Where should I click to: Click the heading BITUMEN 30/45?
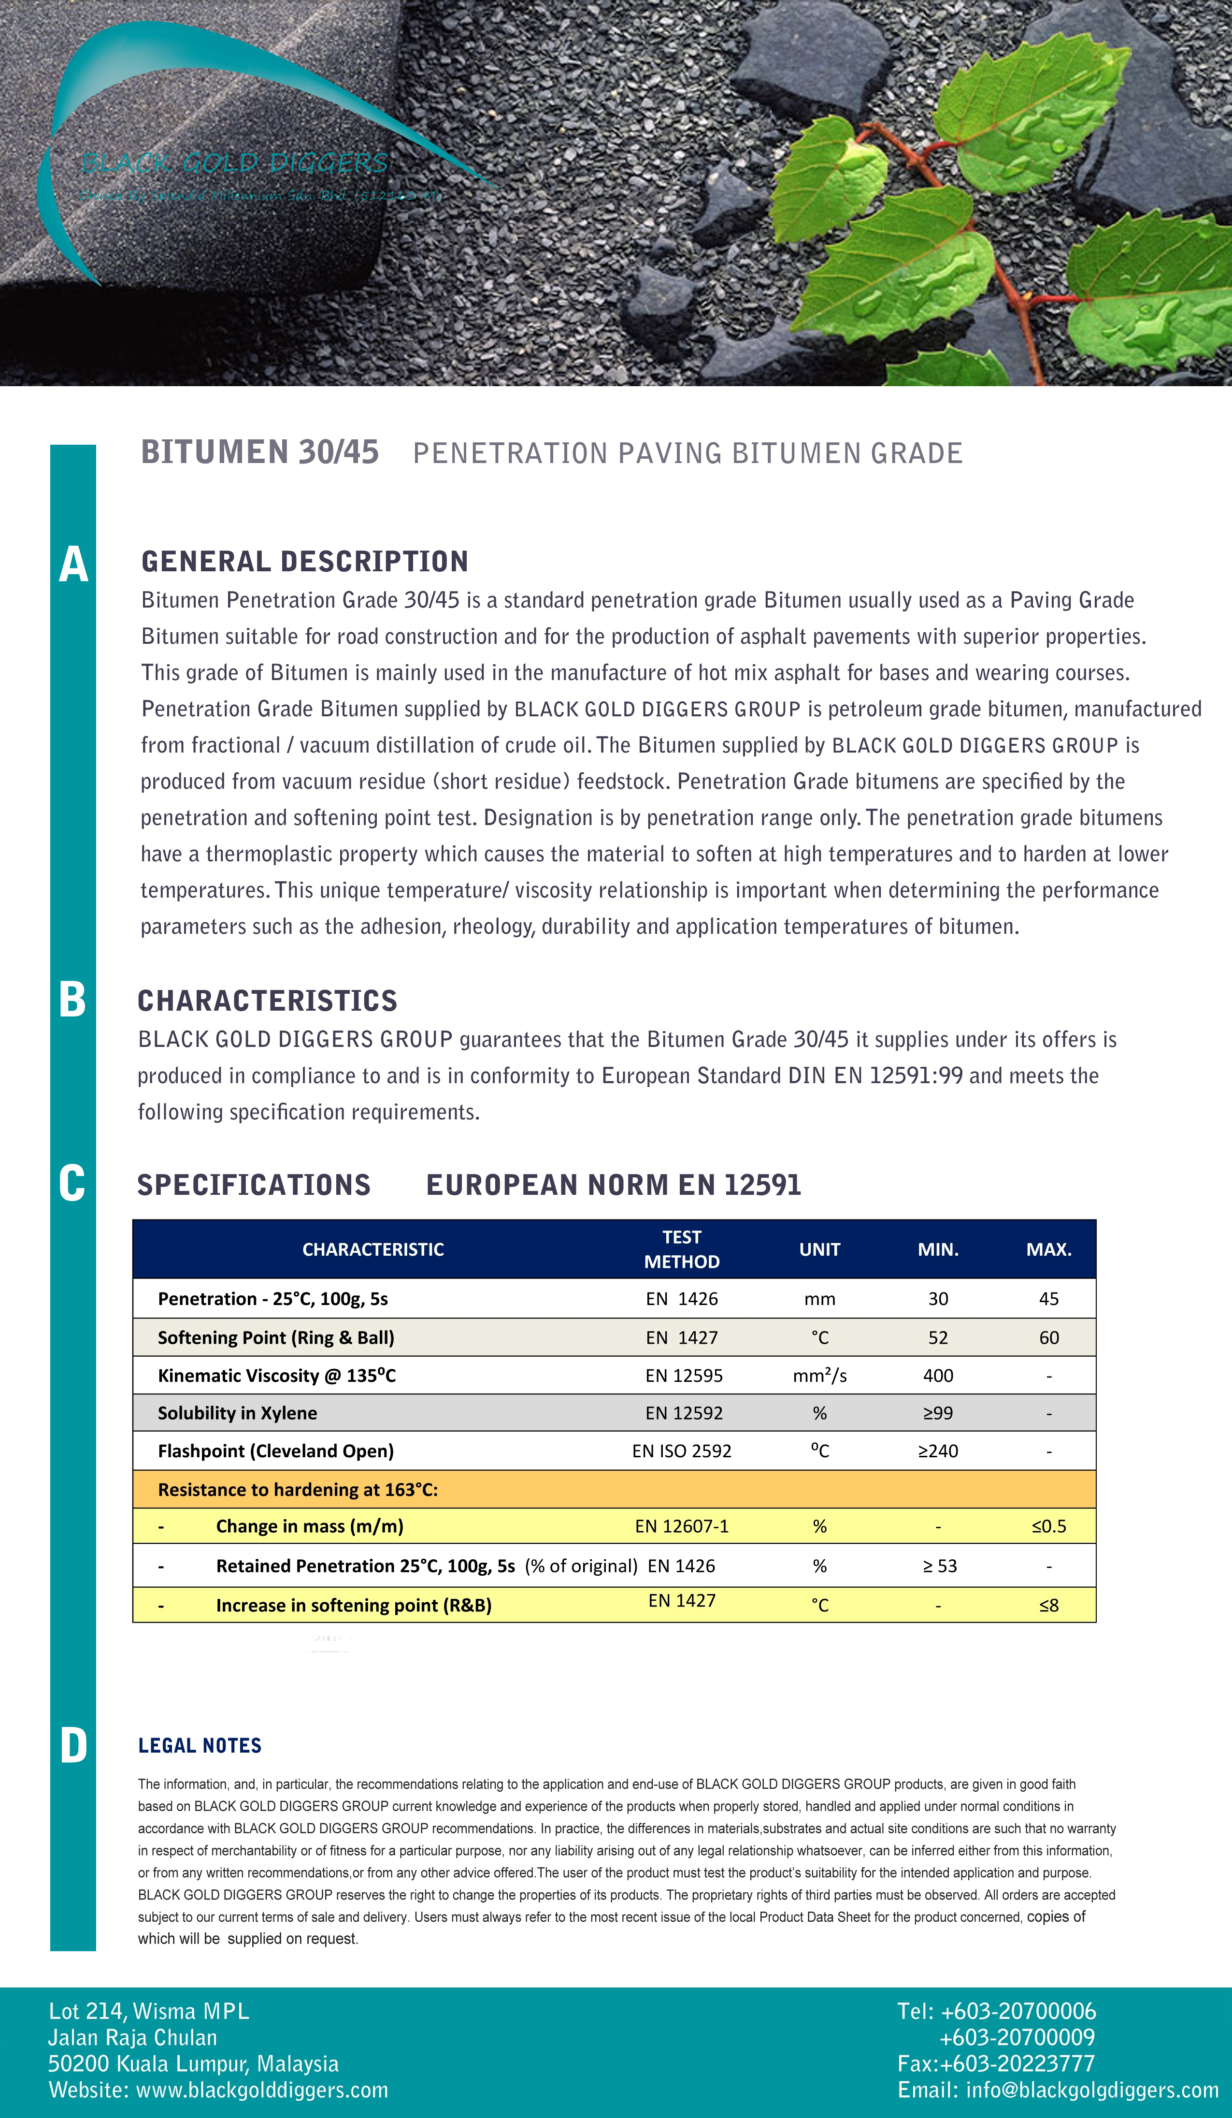(x=259, y=452)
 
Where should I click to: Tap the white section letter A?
(x=73, y=564)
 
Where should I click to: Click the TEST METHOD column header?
(x=682, y=1249)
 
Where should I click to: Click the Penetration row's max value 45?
(x=1048, y=1299)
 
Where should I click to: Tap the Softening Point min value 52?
(x=938, y=1337)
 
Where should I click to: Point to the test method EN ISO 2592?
(x=682, y=1451)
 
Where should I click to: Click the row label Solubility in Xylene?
(x=237, y=1413)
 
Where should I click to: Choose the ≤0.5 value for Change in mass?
(x=1048, y=1526)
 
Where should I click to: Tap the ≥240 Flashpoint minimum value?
(x=938, y=1451)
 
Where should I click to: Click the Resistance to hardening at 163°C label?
(x=298, y=1489)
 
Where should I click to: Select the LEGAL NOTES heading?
(x=200, y=1746)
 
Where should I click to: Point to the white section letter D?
(x=73, y=1746)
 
